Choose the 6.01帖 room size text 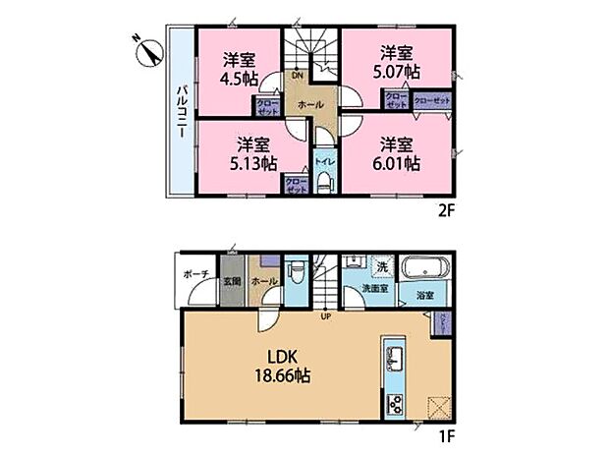400,163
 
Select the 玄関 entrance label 231,281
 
